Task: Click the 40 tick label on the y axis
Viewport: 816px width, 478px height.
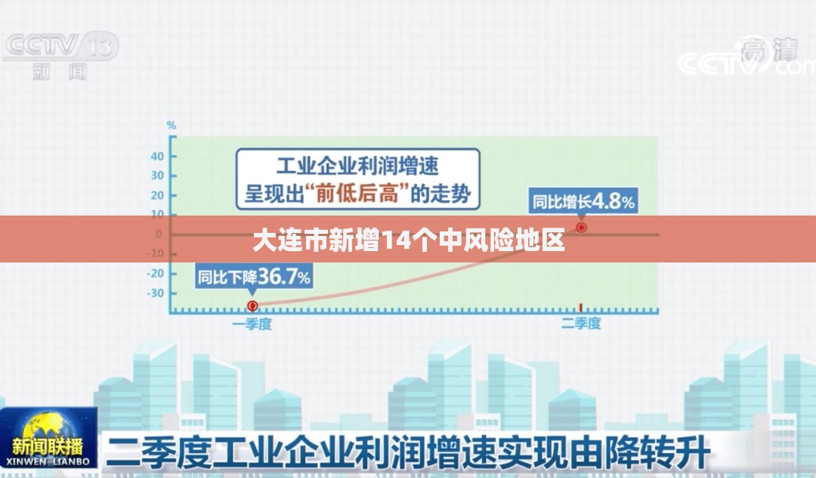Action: [x=157, y=157]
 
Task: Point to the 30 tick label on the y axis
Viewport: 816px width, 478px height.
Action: [x=157, y=175]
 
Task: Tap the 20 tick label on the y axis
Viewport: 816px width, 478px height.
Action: [x=157, y=195]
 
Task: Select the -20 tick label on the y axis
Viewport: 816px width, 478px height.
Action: [x=155, y=273]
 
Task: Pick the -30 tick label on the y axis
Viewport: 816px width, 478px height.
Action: [x=155, y=293]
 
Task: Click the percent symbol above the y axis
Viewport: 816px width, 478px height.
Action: [x=172, y=126]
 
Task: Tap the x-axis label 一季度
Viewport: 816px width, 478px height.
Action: [x=252, y=324]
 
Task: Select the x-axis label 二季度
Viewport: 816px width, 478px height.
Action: [x=581, y=324]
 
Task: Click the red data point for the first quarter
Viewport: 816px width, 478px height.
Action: [x=252, y=306]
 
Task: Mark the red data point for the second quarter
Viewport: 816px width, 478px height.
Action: [x=581, y=228]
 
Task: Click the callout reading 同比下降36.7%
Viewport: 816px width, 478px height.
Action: [x=254, y=276]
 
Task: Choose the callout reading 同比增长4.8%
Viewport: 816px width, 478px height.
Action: [x=583, y=201]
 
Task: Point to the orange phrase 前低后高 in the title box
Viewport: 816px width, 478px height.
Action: [x=357, y=194]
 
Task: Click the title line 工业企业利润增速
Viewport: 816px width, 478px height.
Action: [x=357, y=166]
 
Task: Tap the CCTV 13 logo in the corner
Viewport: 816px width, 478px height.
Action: [x=61, y=55]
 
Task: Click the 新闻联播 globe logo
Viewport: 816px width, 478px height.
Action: [x=48, y=437]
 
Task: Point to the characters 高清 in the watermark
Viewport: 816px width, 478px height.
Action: [x=769, y=50]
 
